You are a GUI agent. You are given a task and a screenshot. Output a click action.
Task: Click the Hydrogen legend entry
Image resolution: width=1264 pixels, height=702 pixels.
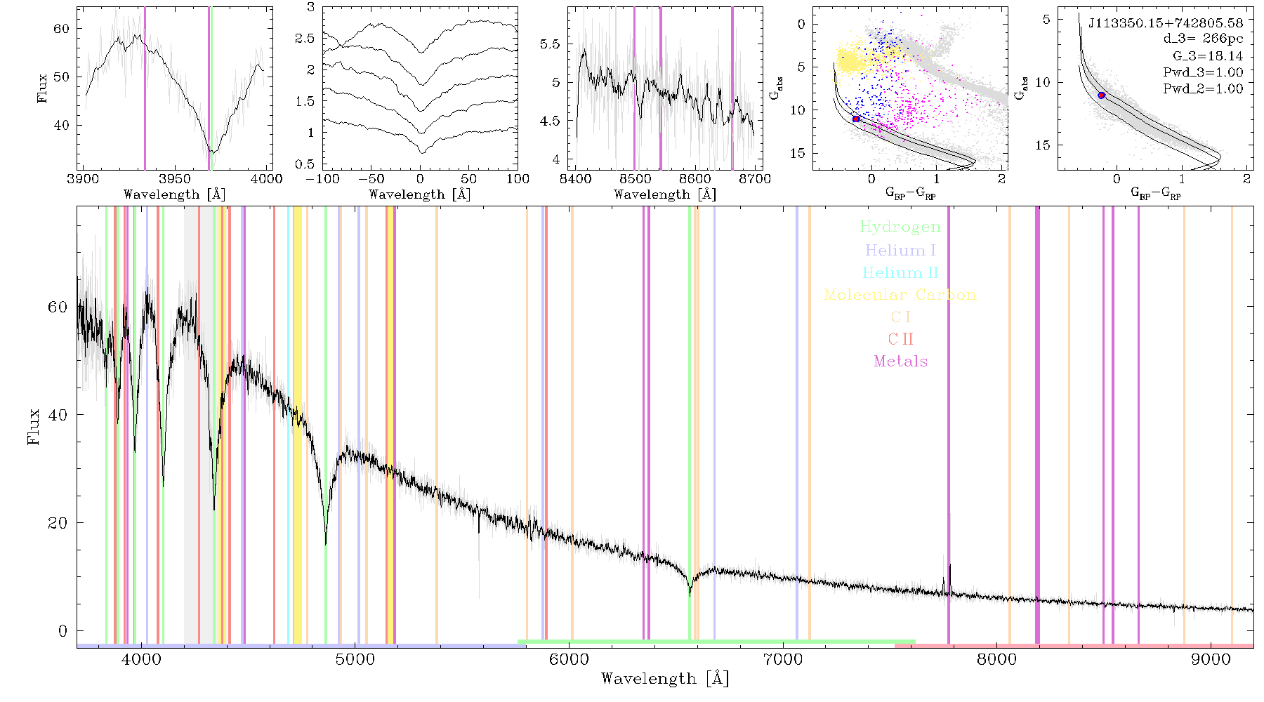click(x=900, y=227)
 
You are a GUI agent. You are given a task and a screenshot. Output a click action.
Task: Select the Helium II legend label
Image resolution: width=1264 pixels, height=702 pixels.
click(x=900, y=272)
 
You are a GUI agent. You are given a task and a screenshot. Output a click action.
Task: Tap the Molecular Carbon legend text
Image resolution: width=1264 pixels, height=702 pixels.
click(x=900, y=295)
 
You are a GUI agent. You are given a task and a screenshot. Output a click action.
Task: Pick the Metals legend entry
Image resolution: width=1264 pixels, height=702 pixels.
click(x=900, y=362)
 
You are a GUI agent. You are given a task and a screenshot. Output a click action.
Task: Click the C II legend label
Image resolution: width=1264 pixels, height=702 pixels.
click(x=900, y=339)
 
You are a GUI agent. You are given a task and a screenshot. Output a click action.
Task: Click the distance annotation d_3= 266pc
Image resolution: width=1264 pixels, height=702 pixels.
click(x=1202, y=39)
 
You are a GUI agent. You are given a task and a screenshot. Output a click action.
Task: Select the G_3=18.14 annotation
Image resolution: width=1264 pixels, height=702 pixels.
click(x=1208, y=56)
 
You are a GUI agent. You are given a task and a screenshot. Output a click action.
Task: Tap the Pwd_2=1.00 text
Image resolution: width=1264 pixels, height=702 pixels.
click(x=1203, y=89)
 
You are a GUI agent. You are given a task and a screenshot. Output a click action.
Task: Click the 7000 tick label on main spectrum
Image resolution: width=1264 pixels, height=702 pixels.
click(x=783, y=660)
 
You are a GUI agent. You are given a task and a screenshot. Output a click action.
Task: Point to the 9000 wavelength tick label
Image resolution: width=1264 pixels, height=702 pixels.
click(x=1211, y=660)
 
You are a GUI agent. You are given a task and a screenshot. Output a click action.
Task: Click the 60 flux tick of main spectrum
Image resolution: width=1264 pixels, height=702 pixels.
click(x=58, y=307)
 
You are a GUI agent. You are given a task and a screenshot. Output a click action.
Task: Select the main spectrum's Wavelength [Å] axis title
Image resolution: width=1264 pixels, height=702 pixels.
click(x=665, y=679)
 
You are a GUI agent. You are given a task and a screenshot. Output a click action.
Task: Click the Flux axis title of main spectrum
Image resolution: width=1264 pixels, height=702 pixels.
click(x=34, y=426)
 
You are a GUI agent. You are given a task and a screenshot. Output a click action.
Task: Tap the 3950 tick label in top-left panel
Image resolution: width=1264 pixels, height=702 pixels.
click(x=174, y=179)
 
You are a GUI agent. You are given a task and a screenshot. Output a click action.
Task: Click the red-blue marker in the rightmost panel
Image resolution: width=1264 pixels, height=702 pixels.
click(x=1102, y=95)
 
